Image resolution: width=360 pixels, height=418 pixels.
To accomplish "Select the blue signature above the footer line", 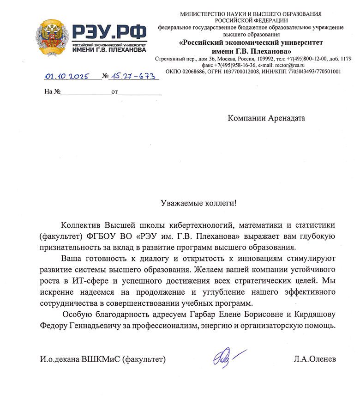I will (x=227, y=357).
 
